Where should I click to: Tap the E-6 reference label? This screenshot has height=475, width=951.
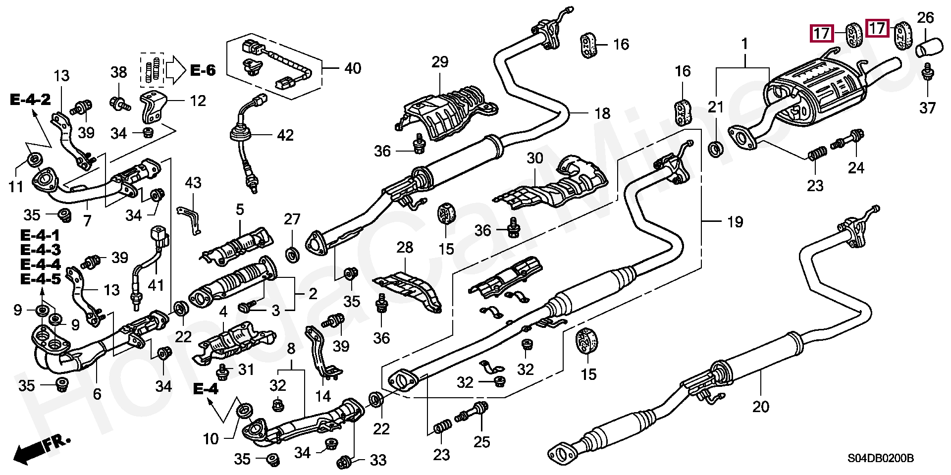pos(203,70)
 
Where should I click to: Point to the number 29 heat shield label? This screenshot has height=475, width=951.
pos(439,62)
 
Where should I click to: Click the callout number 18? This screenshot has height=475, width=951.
pos(602,113)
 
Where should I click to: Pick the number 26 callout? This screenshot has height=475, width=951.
pos(925,18)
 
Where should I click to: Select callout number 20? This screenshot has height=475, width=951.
pos(761,407)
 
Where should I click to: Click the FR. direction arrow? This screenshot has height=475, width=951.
pos(42,448)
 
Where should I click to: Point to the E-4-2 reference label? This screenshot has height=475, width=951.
pos(30,100)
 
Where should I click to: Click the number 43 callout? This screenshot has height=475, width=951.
pos(193,183)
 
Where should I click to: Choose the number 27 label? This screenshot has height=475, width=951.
pos(292,219)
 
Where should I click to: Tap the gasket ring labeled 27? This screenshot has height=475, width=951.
pos(292,255)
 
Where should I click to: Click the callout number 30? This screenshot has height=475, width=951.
pos(535,159)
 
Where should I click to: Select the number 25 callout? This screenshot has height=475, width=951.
pos(482,441)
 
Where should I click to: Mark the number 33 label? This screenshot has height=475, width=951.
pos(378,461)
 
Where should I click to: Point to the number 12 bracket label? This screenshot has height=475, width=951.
pos(198,101)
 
